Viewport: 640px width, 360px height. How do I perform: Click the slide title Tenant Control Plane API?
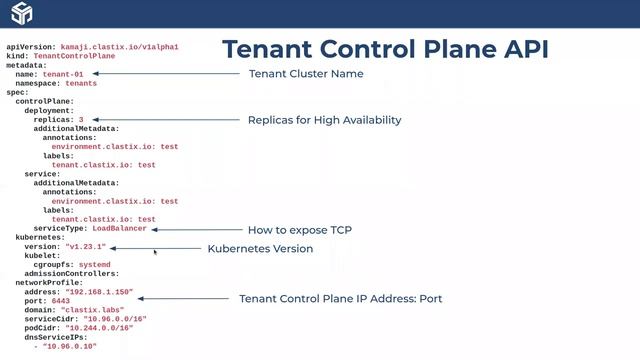385,49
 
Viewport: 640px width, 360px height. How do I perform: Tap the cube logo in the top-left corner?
21,14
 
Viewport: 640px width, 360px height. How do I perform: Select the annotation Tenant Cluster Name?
306,74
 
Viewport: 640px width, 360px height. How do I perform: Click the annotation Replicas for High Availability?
324,120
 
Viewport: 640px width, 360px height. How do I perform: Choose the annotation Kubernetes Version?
260,248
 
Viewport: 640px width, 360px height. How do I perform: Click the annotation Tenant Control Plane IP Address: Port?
340,298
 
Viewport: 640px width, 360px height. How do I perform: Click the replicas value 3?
81,119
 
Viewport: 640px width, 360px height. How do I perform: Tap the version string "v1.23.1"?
85,246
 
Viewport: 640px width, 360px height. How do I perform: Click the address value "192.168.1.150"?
98,291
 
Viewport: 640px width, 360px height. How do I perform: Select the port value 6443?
61,300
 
